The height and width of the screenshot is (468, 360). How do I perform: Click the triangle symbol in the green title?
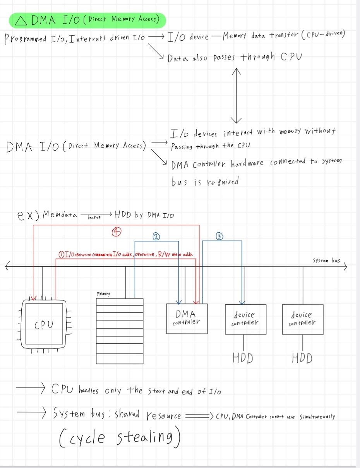22,21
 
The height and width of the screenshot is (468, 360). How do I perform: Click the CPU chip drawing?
44,324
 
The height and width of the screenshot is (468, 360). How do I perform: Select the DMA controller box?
187,318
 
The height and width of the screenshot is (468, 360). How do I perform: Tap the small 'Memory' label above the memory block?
103,294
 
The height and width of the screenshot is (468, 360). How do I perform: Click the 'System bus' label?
326,261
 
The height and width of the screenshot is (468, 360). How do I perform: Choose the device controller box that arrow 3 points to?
245,319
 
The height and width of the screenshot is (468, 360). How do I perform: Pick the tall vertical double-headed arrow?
236,95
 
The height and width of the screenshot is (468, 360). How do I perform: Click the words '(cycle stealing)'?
120,437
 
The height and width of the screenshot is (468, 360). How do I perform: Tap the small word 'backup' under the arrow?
94,218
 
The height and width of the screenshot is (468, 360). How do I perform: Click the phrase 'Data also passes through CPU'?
234,58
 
